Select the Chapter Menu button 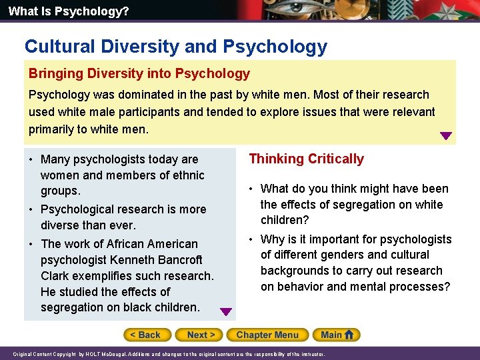tap(267, 335)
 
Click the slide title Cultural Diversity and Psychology tap(176, 47)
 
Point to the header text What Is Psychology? tap(59, 11)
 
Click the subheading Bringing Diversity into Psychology tap(139, 73)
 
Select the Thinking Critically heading tap(306, 159)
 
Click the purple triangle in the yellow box tap(446, 136)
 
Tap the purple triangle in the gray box tap(226, 311)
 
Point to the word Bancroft tap(178, 260)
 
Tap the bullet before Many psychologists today tap(31, 159)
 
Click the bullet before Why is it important tap(251, 239)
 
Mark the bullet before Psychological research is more tap(31, 209)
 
